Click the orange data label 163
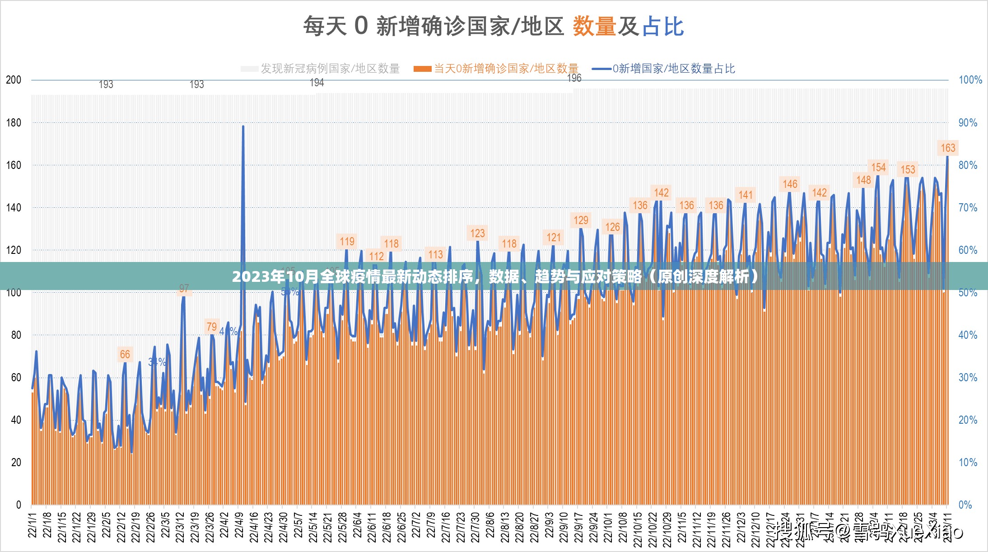coord(947,148)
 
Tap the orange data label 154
coord(878,168)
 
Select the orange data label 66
coord(125,355)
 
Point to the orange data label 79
coord(212,327)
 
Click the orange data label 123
coord(477,234)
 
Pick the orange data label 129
coord(581,220)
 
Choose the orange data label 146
coord(790,184)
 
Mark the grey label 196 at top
coord(574,78)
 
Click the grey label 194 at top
coord(317,83)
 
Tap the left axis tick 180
coord(14,123)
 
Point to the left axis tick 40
coord(16,420)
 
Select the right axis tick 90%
coord(968,123)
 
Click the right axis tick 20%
coord(968,420)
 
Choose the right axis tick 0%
coord(965,505)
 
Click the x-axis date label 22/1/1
coord(33,525)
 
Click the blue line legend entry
coord(664,69)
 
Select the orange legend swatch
coord(423,69)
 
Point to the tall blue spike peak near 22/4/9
coord(243,126)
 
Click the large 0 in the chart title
coord(361,25)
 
